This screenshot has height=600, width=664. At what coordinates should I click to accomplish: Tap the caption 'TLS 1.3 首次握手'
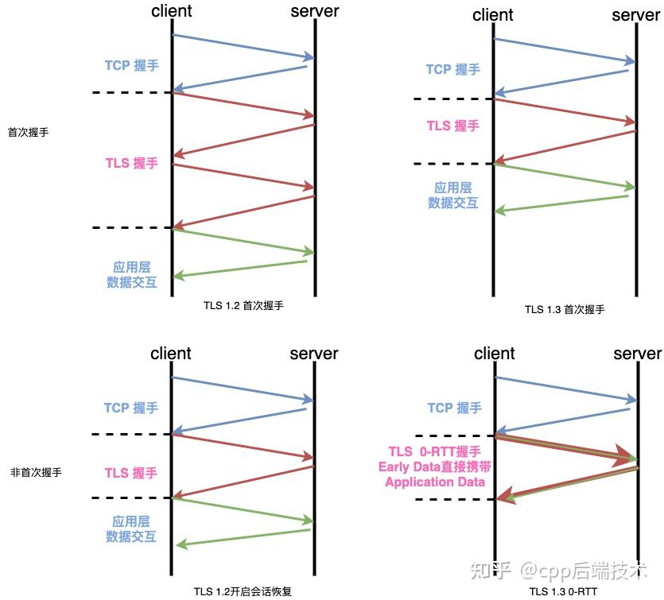tap(564, 309)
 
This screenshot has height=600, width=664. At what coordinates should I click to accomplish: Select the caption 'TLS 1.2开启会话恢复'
tap(243, 591)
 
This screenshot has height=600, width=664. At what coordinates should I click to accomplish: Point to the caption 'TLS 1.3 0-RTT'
tap(563, 591)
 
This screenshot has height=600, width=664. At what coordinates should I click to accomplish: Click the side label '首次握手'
tap(28, 132)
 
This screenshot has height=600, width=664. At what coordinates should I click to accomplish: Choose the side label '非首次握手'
tap(36, 472)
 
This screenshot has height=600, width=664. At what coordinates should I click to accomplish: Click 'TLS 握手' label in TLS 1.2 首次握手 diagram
tap(132, 163)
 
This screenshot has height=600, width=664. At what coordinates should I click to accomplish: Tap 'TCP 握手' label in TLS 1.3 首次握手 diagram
tap(453, 69)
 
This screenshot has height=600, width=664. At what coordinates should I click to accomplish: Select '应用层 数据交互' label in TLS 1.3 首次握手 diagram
tap(453, 195)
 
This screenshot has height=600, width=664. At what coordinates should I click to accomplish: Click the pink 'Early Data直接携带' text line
tap(433, 466)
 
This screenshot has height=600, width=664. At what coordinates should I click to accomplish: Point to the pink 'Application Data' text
tap(435, 482)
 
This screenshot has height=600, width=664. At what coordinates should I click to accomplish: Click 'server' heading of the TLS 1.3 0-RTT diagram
tap(637, 354)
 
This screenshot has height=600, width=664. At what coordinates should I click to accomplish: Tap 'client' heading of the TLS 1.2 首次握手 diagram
tap(171, 11)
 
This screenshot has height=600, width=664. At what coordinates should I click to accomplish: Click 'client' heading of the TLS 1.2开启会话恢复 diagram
tap(171, 354)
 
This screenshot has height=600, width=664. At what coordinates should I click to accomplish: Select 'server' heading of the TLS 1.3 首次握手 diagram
tap(635, 15)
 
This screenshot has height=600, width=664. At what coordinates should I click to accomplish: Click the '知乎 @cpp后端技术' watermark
tap(561, 570)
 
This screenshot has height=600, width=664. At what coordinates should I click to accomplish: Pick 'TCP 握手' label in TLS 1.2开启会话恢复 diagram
tap(131, 408)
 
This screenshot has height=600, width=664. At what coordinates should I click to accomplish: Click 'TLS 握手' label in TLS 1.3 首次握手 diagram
tap(453, 126)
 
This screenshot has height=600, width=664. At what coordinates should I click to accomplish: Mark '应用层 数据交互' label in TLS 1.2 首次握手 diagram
tap(132, 274)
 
